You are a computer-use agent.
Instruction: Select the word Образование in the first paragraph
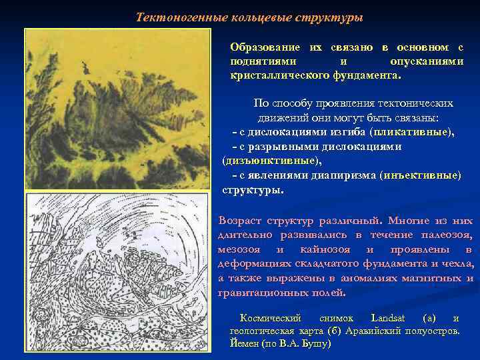[265, 47]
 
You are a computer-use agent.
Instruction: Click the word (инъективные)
[419, 175]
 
